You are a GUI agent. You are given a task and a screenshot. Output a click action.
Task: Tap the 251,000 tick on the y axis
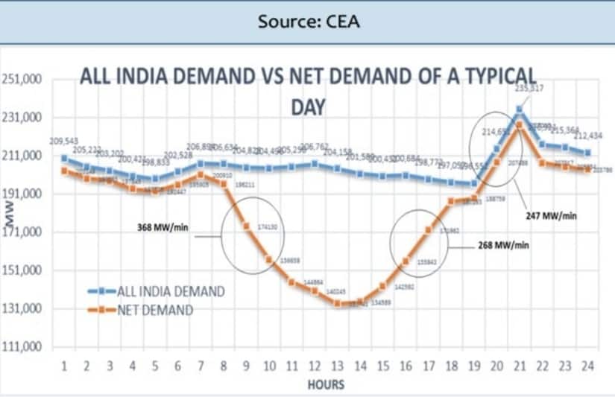(x=22, y=79)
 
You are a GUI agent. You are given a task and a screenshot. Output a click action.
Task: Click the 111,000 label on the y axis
(x=22, y=348)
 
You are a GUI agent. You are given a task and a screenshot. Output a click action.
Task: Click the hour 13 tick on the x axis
(x=338, y=366)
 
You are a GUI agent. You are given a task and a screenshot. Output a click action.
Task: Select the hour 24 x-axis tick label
(x=588, y=366)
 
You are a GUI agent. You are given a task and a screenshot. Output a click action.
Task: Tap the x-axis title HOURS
(x=326, y=384)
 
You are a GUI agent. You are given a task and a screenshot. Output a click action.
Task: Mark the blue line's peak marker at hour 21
(x=520, y=109)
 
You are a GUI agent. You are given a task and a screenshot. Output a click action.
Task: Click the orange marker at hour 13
(x=338, y=302)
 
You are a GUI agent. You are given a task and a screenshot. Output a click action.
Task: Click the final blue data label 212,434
(x=589, y=135)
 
